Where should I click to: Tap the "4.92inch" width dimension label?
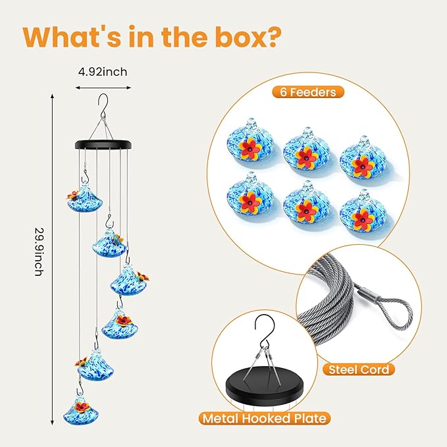103,72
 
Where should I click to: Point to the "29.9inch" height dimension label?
39,251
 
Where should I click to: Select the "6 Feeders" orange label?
308,92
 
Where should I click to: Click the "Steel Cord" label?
359,370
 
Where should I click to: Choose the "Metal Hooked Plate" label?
265,419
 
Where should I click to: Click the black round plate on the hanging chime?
103,144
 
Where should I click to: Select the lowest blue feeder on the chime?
81,411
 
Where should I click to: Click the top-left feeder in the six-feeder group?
250,141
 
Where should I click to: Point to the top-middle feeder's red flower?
307,157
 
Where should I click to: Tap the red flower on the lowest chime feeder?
82,408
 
